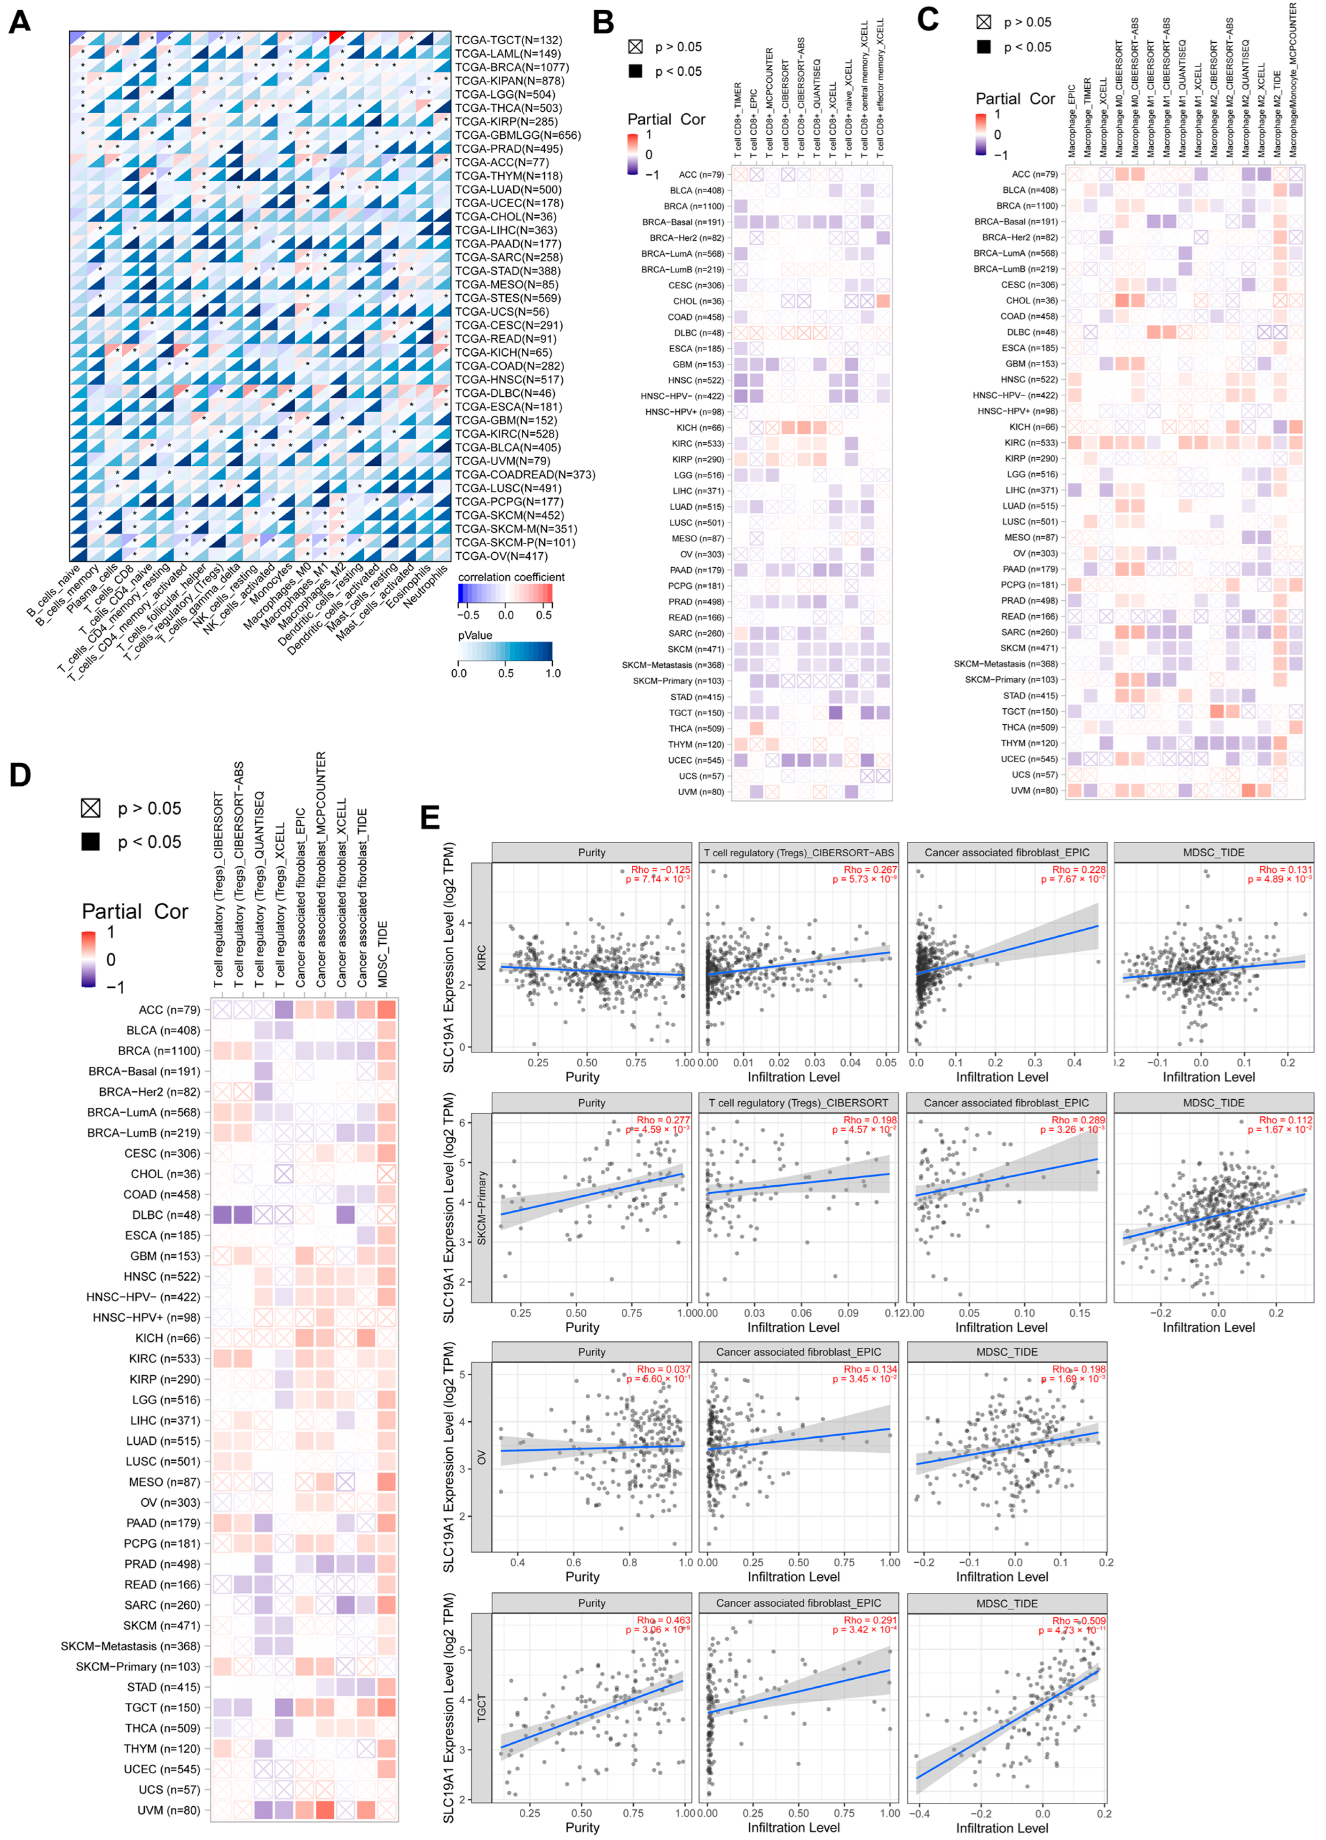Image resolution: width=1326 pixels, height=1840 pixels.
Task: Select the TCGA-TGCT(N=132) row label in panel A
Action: coord(508,40)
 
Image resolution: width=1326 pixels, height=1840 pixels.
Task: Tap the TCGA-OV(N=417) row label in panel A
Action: coord(502,556)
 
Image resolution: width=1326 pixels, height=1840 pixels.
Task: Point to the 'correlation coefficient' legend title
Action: coord(511,577)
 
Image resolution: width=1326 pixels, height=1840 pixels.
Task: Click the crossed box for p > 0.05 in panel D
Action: coord(90,807)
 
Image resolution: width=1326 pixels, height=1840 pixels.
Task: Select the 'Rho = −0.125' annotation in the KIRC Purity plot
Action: coord(660,869)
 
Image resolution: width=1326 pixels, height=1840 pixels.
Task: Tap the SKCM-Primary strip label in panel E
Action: coord(482,1207)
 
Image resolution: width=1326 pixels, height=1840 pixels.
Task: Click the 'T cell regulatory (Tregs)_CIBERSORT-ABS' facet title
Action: coord(799,853)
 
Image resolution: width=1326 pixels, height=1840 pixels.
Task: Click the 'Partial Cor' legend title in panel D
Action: coord(135,911)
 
